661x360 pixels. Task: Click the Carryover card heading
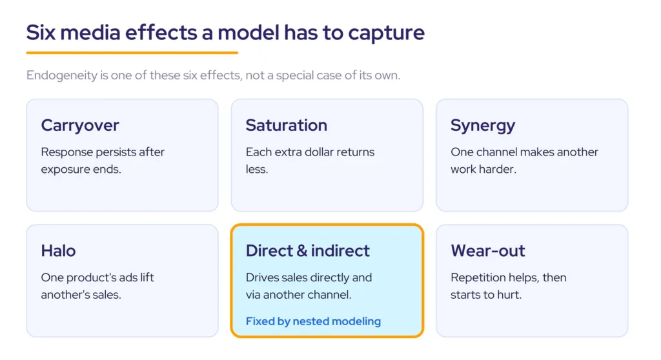pyautogui.click(x=80, y=125)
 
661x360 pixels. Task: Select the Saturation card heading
pyautogui.click(x=286, y=125)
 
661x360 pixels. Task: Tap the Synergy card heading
pyautogui.click(x=483, y=126)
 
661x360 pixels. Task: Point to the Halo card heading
pyautogui.click(x=58, y=251)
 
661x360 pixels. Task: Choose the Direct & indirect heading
pyautogui.click(x=308, y=251)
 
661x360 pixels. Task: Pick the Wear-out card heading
pyautogui.click(x=488, y=251)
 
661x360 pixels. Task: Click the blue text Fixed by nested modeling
pyautogui.click(x=313, y=321)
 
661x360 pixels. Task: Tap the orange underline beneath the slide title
pyautogui.click(x=132, y=53)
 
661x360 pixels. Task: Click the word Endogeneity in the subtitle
pyautogui.click(x=61, y=75)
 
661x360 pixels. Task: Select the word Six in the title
pyautogui.click(x=41, y=32)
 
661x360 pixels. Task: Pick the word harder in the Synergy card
pyautogui.click(x=500, y=169)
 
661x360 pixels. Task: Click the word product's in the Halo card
pyautogui.click(x=91, y=278)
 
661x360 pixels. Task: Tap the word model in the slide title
pyautogui.click(x=249, y=32)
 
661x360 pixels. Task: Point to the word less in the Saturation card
pyautogui.click(x=257, y=169)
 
